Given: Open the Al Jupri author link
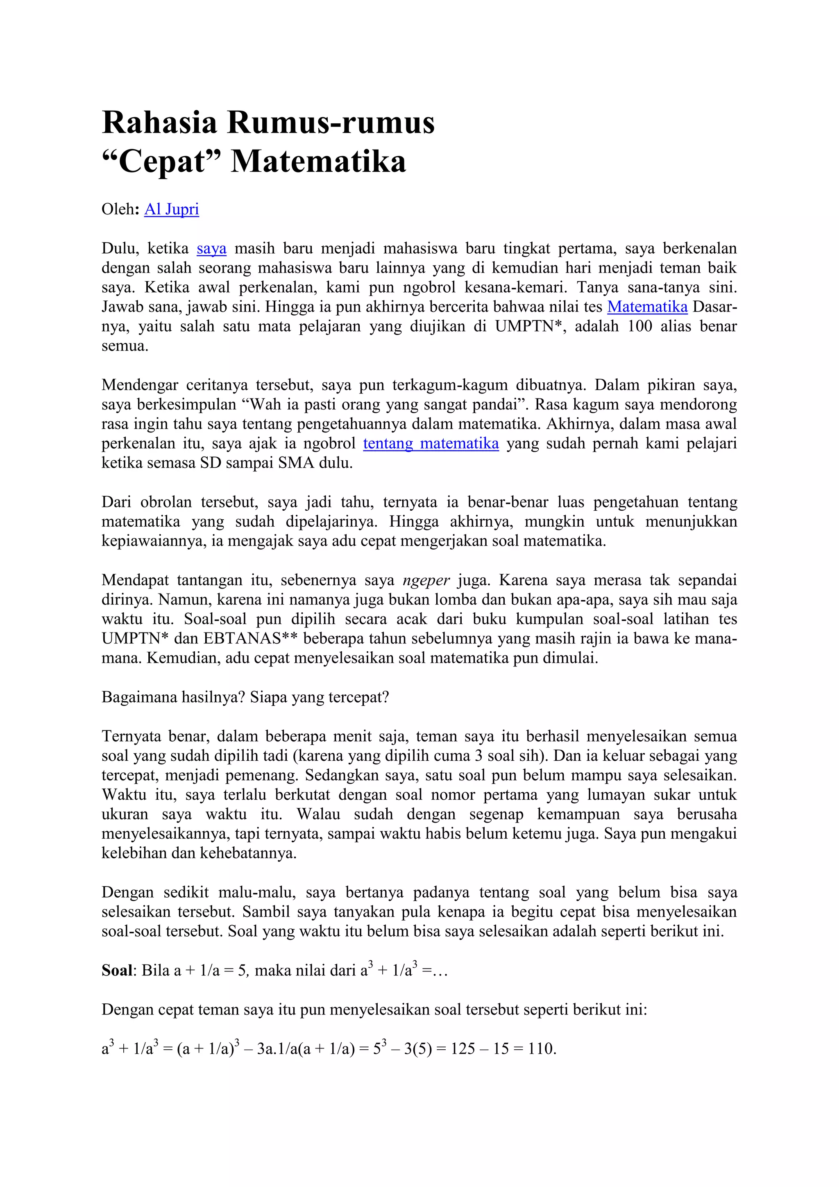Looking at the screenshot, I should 172,209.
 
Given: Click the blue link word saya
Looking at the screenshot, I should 211,249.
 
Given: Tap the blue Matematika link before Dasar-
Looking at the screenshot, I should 647,307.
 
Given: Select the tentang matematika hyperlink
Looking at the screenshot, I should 431,443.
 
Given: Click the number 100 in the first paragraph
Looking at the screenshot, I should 639,326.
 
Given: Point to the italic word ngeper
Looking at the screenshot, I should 426,580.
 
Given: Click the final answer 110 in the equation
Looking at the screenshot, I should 540,1049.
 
